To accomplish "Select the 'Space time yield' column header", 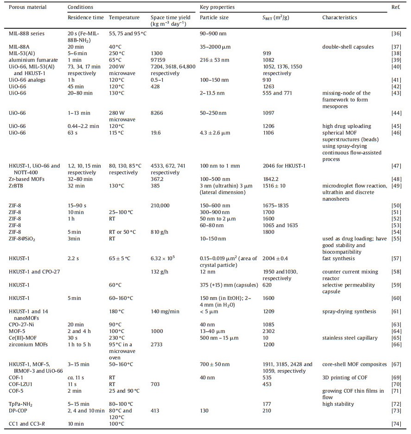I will [x=169, y=18].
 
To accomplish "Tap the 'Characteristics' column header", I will [x=340, y=18].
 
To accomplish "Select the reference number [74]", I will [x=398, y=424].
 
